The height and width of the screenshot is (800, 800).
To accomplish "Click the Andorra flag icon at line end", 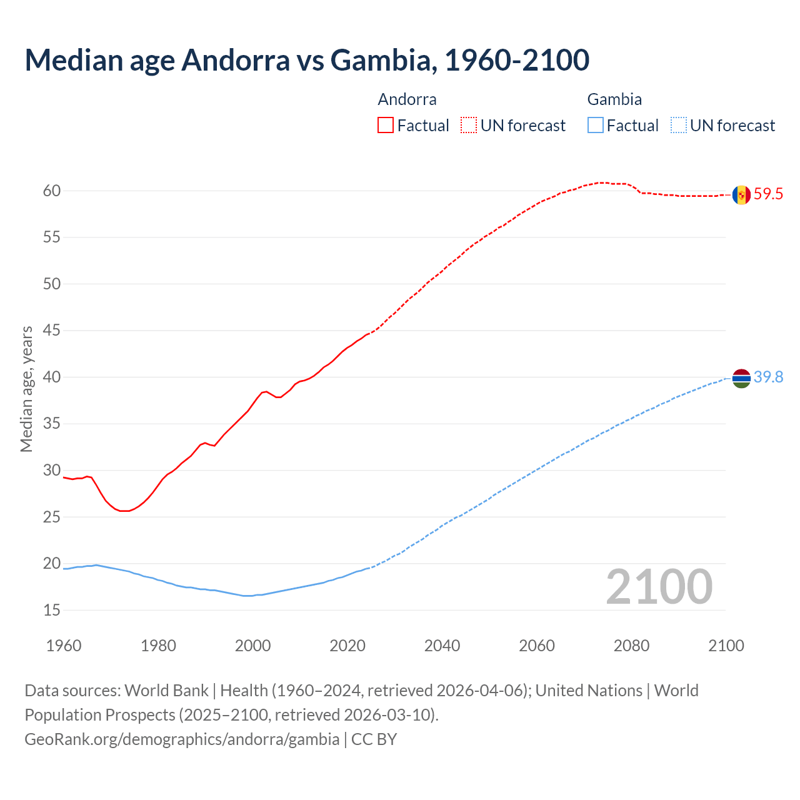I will click(x=741, y=195).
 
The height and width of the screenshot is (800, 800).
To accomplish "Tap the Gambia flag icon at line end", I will click(x=741, y=378).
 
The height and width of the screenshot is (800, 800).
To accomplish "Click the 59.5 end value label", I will click(x=768, y=194).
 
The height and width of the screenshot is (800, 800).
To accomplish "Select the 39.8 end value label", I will click(x=768, y=377).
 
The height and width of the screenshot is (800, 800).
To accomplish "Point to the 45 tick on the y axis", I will click(x=52, y=331).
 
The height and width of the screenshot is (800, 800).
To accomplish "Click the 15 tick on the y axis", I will click(x=52, y=610).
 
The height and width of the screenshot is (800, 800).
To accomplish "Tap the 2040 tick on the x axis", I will click(x=442, y=646).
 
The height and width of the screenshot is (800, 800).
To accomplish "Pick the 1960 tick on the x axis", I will click(x=64, y=646).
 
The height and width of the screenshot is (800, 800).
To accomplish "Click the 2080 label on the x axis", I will click(x=631, y=646).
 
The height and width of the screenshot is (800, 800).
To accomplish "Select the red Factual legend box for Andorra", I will click(x=386, y=125).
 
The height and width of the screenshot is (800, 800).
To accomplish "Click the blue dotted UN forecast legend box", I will click(x=679, y=125).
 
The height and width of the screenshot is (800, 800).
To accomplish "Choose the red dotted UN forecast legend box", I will click(x=469, y=125).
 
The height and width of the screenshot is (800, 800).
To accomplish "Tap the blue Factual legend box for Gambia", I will click(x=596, y=125).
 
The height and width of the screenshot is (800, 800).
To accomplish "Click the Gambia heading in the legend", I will click(x=614, y=99).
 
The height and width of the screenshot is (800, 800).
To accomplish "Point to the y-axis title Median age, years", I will click(x=26, y=389).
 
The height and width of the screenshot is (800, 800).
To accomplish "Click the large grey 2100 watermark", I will click(x=659, y=586).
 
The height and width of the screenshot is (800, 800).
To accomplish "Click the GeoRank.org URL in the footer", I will click(x=182, y=739).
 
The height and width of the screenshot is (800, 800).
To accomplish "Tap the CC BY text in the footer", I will click(x=374, y=739).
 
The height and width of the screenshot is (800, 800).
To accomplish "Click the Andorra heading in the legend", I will click(x=407, y=99).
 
